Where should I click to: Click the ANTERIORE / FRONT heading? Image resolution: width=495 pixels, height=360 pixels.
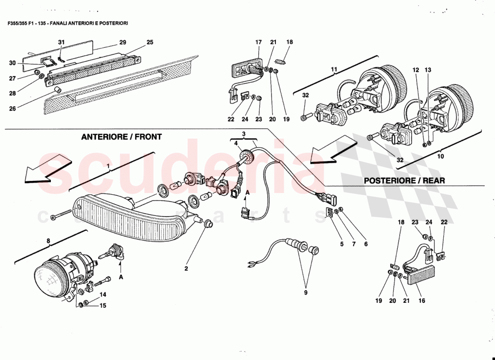[121, 137]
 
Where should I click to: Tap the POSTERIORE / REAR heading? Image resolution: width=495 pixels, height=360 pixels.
[404, 180]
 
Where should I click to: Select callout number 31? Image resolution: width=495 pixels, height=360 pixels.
[62, 42]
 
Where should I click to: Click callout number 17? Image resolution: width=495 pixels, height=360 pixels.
[259, 42]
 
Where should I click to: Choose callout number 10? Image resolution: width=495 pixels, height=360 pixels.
[440, 157]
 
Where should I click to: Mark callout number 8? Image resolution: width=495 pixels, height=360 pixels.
[49, 241]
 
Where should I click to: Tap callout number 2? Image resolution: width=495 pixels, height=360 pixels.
[185, 269]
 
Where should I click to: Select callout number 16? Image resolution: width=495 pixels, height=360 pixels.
[422, 301]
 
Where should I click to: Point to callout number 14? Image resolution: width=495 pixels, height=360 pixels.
[103, 295]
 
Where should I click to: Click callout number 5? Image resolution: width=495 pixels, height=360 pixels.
[342, 244]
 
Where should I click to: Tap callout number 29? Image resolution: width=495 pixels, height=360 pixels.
[122, 42]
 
